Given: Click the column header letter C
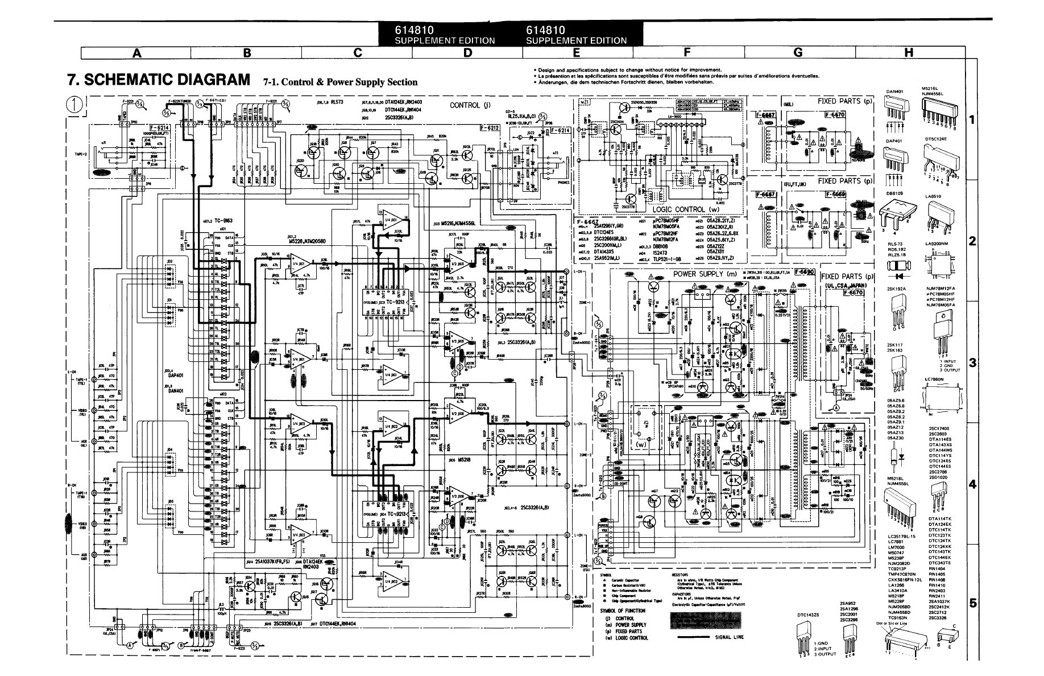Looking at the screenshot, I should coord(357,53).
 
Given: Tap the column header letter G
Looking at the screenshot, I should coord(798,53).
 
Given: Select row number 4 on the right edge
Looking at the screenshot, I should coord(972,485).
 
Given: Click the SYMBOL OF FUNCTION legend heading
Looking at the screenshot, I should coord(623,611).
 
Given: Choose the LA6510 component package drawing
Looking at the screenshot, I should coord(941,212).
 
